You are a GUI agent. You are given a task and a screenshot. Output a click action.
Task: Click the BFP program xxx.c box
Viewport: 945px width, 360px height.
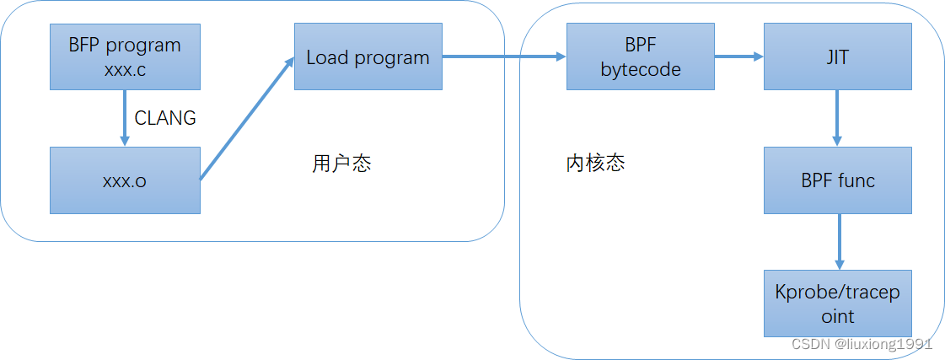pyautogui.click(x=125, y=56)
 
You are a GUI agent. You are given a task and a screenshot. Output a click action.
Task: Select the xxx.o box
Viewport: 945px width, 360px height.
pyautogui.click(x=125, y=180)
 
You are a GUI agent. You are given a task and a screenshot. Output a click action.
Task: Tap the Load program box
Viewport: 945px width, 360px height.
pyautogui.click(x=368, y=57)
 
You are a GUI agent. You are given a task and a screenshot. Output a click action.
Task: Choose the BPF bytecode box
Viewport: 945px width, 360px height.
pyautogui.click(x=641, y=56)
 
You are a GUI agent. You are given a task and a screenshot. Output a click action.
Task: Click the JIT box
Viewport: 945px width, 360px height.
pyautogui.click(x=837, y=56)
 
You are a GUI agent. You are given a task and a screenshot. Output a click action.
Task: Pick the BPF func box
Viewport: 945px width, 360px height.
pyautogui.click(x=837, y=180)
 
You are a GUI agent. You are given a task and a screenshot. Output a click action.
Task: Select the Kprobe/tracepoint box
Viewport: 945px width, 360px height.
pyautogui.click(x=837, y=304)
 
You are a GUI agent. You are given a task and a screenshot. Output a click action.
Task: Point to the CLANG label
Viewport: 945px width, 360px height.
pyautogui.click(x=165, y=118)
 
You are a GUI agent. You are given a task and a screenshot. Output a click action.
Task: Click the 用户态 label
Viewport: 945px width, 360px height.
pyautogui.click(x=341, y=164)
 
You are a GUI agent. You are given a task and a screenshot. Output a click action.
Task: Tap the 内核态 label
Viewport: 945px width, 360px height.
pyautogui.click(x=595, y=163)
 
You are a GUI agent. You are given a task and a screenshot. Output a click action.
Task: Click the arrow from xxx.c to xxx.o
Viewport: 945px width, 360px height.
pyautogui.click(x=125, y=118)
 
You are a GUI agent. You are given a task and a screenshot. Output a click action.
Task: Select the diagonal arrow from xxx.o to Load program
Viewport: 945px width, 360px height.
pyautogui.click(x=247, y=118)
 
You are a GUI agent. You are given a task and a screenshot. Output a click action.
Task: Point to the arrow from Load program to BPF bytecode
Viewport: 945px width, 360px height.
pyautogui.click(x=503, y=56)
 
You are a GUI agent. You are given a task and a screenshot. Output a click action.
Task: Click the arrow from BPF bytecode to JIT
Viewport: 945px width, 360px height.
pyautogui.click(x=739, y=56)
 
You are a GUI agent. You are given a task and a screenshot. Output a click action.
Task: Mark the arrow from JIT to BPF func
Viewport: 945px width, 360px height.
pyautogui.click(x=837, y=118)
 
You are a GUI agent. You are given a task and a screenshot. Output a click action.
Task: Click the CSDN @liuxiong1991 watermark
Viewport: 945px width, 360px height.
pyautogui.click(x=861, y=344)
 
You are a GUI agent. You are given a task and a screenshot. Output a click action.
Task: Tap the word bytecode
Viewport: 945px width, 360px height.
pyautogui.click(x=641, y=69)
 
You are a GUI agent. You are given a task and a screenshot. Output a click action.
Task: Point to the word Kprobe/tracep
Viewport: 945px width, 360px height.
pyautogui.click(x=837, y=292)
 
